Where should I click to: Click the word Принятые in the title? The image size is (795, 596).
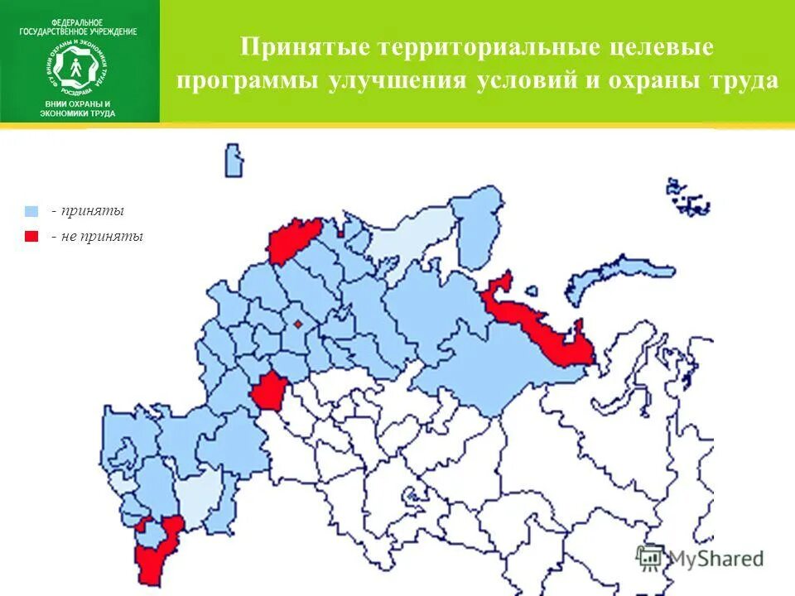[305, 47]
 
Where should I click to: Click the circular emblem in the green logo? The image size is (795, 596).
[79, 67]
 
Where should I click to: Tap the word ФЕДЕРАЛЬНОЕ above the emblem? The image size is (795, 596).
[78, 21]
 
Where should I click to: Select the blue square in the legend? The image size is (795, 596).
[32, 211]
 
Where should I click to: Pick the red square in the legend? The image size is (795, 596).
[32, 236]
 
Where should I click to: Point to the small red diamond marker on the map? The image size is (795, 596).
[297, 324]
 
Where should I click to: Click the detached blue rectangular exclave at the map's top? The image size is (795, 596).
[234, 160]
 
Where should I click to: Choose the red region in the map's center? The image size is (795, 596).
[267, 391]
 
